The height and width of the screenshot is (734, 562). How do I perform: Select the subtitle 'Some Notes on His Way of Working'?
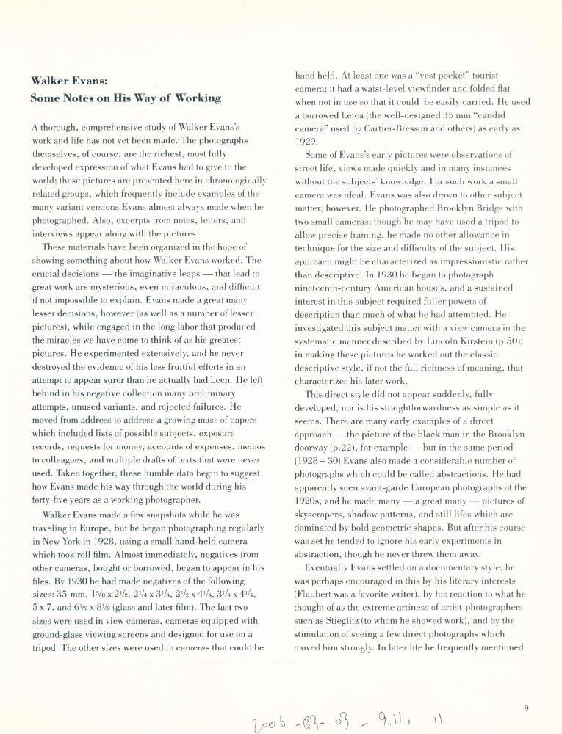[126, 98]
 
